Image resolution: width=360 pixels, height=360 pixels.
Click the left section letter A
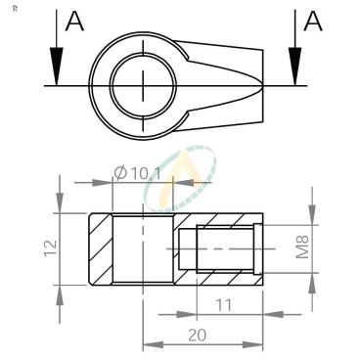[x=74, y=22]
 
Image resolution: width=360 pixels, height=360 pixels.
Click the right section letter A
[x=313, y=22]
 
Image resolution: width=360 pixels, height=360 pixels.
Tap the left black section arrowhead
[x=57, y=67]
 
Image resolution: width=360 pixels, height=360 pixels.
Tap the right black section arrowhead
[x=295, y=67]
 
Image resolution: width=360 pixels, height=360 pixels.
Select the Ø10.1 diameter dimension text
[x=138, y=173]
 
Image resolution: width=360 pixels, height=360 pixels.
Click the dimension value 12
[x=51, y=248]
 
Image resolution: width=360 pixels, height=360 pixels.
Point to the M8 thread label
[x=302, y=247]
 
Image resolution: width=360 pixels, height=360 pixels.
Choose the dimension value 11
[x=224, y=305]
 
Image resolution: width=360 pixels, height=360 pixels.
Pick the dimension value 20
[x=197, y=335]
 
